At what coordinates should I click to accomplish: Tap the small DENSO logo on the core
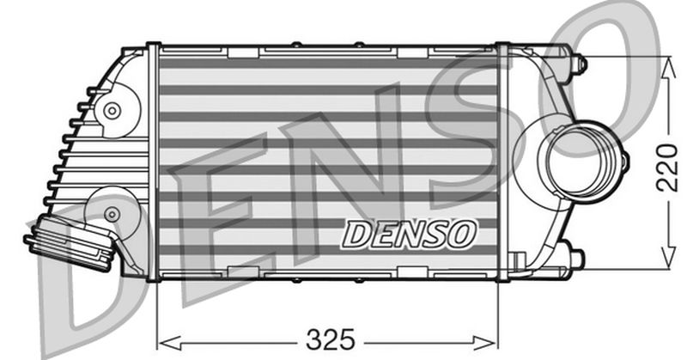[x=409, y=232]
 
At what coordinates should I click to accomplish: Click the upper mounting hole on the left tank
[x=111, y=111]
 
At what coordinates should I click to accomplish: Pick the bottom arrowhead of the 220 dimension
[x=669, y=260]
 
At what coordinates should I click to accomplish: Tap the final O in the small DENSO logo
[x=463, y=232]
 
